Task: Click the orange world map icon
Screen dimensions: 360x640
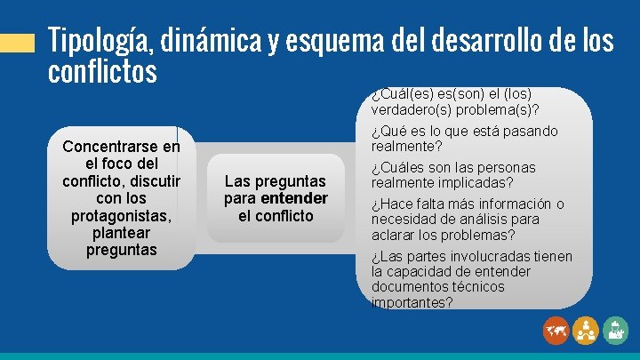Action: (556, 331)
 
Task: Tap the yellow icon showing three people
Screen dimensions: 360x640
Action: (586, 331)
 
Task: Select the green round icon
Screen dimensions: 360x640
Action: (615, 331)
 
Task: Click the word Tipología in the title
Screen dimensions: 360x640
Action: (99, 41)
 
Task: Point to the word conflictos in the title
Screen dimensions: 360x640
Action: (102, 70)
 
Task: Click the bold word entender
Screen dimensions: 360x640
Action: (294, 198)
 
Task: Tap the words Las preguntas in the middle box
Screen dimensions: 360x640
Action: (276, 181)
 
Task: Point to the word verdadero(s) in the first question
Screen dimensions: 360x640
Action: (411, 111)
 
